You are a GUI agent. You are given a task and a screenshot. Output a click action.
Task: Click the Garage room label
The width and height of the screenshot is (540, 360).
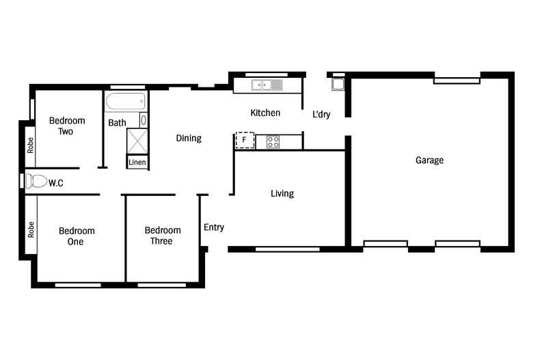click(429, 160)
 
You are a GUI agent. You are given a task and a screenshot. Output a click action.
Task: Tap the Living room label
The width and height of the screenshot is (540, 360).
click(282, 193)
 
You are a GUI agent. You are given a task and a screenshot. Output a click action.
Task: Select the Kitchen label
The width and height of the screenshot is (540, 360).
click(265, 113)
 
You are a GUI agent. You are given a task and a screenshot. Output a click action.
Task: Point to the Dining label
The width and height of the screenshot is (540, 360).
click(189, 138)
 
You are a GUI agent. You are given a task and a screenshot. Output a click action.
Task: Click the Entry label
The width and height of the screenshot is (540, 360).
click(214, 227)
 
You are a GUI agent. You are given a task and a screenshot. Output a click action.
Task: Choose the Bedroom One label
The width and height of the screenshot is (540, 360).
click(77, 236)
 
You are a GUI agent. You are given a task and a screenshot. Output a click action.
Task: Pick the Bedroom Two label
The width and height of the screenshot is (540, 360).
click(67, 126)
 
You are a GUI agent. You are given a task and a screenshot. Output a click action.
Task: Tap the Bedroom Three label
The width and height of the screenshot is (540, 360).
click(163, 236)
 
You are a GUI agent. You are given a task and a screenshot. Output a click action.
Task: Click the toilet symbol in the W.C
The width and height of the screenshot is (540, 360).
click(36, 182)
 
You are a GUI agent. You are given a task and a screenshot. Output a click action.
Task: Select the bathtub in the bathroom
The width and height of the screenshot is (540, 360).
click(125, 102)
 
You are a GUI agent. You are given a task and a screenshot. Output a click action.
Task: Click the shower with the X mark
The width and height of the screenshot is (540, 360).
click(137, 141)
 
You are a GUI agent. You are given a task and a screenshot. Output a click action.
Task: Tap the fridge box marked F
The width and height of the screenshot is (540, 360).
click(245, 140)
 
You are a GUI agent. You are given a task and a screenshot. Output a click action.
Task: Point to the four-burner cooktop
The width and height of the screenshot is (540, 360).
click(273, 142)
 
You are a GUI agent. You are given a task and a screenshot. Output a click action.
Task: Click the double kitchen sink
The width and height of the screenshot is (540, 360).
click(267, 85)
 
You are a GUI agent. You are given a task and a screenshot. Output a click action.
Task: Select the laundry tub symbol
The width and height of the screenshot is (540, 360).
click(338, 84)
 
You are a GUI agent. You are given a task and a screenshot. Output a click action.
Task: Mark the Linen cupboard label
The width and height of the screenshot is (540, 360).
click(137, 162)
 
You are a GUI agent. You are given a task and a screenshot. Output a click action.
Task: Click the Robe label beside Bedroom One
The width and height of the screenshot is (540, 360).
click(31, 230)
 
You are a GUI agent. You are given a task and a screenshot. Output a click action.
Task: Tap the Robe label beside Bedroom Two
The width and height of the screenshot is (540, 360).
click(31, 146)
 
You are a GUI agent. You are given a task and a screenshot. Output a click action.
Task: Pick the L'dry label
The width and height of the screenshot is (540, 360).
click(321, 114)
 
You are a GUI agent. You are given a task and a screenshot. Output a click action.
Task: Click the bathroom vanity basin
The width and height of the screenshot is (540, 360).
click(144, 120)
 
